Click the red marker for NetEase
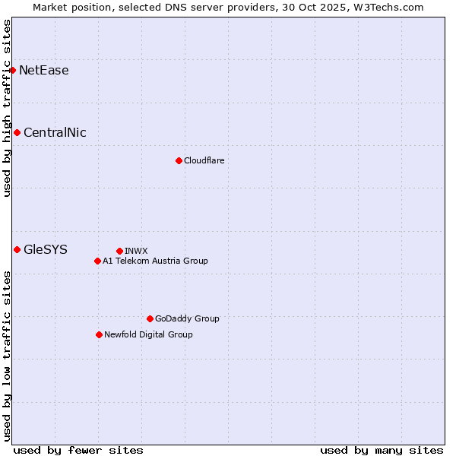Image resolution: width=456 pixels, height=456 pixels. (13, 71)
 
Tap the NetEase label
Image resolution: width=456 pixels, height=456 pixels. (44, 71)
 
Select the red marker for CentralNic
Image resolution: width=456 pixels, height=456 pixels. (17, 133)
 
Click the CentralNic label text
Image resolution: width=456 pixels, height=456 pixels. (55, 133)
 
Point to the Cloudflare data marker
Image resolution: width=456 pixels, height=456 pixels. (179, 160)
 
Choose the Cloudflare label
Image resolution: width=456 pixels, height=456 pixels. (204, 160)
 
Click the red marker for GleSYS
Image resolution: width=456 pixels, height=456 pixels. (17, 249)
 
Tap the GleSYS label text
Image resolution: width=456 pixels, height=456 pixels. (46, 249)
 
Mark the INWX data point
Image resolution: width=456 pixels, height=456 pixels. (119, 251)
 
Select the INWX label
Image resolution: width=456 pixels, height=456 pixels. (136, 251)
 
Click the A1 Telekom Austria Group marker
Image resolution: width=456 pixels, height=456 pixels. (97, 261)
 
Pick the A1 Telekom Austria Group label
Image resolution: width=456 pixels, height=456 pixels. (155, 261)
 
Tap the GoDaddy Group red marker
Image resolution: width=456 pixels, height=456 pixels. (150, 318)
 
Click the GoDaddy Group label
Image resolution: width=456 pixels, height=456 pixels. (187, 318)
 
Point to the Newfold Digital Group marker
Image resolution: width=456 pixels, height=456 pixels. (99, 334)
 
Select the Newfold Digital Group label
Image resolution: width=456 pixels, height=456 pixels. (148, 334)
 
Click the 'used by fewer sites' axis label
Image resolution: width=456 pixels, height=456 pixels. (78, 450)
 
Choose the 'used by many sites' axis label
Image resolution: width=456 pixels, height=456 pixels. (382, 450)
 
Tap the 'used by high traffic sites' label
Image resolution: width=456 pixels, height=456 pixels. (7, 108)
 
